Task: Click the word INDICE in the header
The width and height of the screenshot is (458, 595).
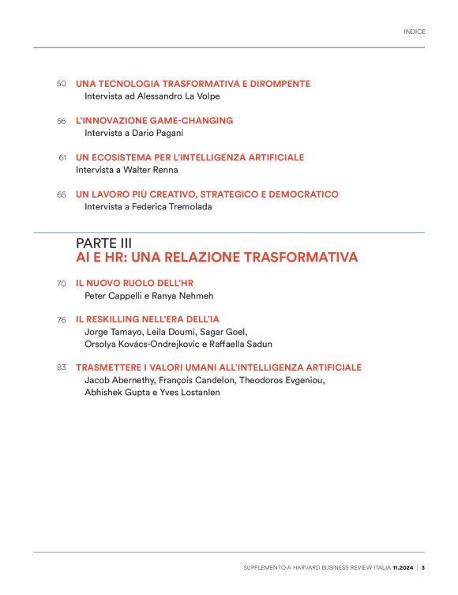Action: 415,32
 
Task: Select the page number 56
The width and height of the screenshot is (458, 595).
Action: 61,121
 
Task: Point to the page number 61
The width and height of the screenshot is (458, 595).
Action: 62,158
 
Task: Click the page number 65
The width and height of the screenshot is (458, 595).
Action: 61,194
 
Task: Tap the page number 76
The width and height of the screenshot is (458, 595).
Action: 61,320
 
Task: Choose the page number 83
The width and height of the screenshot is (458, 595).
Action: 61,367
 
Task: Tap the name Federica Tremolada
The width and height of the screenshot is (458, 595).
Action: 178,207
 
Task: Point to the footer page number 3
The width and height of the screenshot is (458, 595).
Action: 423,567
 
